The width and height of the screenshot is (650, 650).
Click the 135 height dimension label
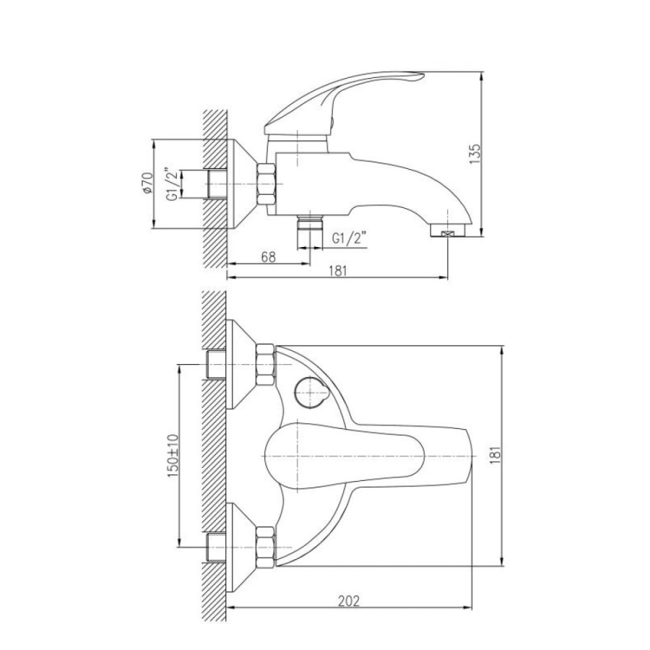475,154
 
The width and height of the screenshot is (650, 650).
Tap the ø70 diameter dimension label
147,183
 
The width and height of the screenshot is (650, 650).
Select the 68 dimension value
268,257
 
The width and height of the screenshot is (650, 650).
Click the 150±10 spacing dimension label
173,456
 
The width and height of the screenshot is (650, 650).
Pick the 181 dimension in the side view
338,271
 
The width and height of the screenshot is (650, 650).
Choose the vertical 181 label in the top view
495,455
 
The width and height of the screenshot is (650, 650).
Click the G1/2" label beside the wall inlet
173,184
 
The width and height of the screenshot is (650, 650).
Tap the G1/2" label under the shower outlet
350,239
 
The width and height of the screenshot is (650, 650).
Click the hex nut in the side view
266,184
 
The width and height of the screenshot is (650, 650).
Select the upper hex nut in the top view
266,365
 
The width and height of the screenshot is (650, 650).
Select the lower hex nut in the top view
266,547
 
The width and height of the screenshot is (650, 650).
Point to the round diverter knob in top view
311,392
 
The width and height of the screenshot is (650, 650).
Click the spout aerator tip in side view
448,230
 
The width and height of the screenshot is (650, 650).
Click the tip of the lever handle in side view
422,75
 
